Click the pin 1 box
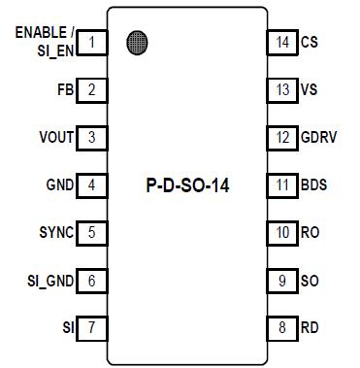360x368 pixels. coord(91,42)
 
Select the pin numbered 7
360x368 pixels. coord(91,327)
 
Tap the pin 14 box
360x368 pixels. coord(282,42)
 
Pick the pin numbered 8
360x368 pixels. coord(282,327)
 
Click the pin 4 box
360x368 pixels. coord(91,184)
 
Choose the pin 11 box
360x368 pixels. coord(282,184)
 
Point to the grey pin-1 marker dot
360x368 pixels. coord(138,42)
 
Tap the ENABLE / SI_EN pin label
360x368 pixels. coord(44,42)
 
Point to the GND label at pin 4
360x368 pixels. coord(59,184)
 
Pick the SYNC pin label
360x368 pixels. coord(56,232)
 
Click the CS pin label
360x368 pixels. coord(310,42)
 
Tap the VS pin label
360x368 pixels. coord(310,90)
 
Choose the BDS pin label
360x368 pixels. coord(313,184)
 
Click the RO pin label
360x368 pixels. coord(311,232)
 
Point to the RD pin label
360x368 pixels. coord(311,327)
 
